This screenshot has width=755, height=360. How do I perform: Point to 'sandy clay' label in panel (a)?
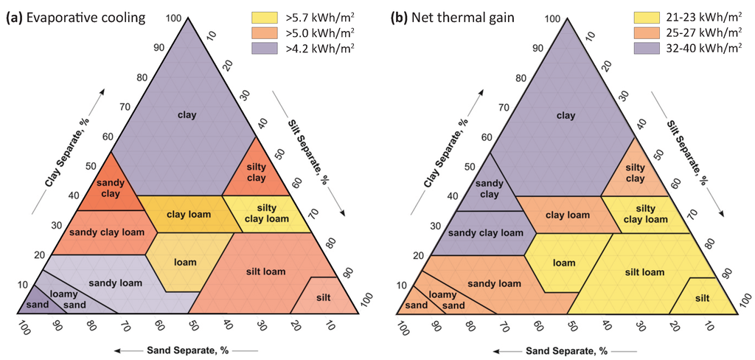(111, 187)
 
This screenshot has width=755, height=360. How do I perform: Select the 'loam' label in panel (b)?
(564, 262)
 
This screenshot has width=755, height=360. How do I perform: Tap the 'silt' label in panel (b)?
(703, 298)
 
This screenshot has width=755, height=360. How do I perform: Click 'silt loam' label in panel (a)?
(265, 271)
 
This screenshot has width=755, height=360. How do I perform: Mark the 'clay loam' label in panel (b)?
(568, 215)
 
